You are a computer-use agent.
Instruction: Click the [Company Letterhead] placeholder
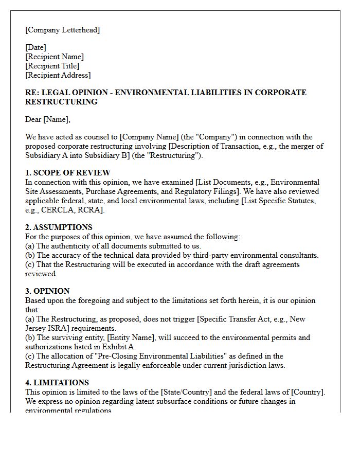click(63, 30)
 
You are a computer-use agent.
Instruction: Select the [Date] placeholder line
click(35, 48)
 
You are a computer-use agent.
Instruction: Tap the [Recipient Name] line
click(55, 57)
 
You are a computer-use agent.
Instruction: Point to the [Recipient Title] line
click(52, 66)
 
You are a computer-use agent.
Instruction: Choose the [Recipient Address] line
click(58, 75)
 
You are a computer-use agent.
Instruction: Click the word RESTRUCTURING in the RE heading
click(61, 102)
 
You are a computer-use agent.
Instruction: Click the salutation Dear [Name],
click(48, 120)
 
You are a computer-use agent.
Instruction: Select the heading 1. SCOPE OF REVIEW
click(68, 173)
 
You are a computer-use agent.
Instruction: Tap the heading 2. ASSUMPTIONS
click(59, 227)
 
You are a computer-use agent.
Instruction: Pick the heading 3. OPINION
click(47, 291)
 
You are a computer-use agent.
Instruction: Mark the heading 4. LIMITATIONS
click(57, 383)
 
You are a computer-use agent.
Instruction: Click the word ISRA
click(57, 328)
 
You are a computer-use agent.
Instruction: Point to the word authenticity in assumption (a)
click(73, 246)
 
